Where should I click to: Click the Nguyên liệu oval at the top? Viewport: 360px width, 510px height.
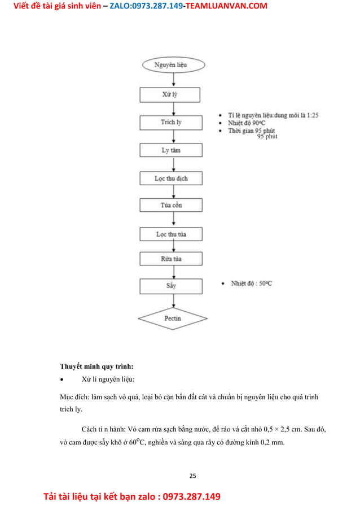coord(170,65)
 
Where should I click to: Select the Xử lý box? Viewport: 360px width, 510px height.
coord(170,94)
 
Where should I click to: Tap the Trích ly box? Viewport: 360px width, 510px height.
coord(170,122)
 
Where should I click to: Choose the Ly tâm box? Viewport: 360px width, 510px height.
coord(171,150)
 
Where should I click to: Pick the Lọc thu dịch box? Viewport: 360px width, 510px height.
coord(170,178)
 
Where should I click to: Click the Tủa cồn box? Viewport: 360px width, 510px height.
coord(170,205)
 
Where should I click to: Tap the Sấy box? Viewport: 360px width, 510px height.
coord(170,286)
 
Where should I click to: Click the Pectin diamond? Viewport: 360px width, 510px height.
coord(173,319)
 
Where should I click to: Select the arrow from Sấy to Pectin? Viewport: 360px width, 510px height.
coord(173,300)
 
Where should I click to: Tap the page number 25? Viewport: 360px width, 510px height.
coord(192,476)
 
